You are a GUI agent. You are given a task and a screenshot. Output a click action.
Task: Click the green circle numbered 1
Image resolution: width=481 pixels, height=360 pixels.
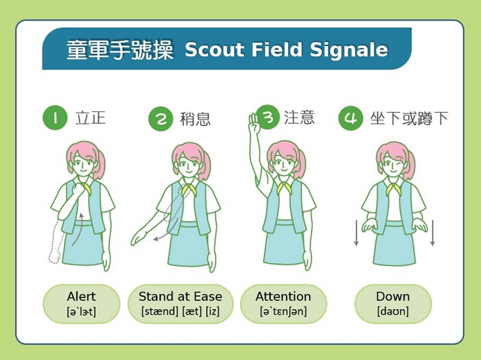[55, 117]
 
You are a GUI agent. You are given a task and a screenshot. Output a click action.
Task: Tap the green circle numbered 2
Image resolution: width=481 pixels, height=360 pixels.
[161, 119]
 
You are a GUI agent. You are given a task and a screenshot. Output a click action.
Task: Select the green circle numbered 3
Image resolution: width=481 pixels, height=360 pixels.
[267, 117]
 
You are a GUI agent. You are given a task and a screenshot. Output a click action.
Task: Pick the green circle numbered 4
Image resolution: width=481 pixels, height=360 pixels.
[350, 118]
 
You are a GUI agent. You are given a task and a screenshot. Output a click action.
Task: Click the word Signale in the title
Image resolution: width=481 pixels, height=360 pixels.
[349, 49]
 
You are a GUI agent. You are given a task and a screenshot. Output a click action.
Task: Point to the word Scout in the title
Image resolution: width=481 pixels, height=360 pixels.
[214, 49]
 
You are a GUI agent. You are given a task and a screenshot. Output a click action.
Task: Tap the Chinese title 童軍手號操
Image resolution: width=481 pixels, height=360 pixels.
[120, 49]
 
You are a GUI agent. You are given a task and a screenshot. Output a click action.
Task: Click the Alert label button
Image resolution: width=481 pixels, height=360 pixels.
[81, 304]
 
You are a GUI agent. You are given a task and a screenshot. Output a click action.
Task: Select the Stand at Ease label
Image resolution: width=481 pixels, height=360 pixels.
[180, 304]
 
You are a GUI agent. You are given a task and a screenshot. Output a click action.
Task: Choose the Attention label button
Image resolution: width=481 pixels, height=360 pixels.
[283, 304]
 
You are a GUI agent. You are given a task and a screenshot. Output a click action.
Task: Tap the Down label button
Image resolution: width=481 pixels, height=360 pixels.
[393, 304]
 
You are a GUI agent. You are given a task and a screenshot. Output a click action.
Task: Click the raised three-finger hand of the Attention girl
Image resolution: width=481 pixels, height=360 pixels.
[254, 123]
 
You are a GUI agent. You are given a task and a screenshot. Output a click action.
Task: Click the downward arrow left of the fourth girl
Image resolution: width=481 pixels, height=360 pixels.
[356, 233]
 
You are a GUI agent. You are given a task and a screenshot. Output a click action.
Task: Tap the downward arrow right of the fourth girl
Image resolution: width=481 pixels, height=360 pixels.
[432, 233]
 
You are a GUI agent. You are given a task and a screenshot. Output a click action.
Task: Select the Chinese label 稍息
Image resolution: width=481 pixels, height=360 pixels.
[195, 119]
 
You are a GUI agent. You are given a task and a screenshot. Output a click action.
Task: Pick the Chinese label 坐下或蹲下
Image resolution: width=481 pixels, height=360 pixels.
[409, 118]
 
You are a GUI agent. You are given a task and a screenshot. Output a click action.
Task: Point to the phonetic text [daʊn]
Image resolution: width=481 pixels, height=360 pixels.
[393, 311]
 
